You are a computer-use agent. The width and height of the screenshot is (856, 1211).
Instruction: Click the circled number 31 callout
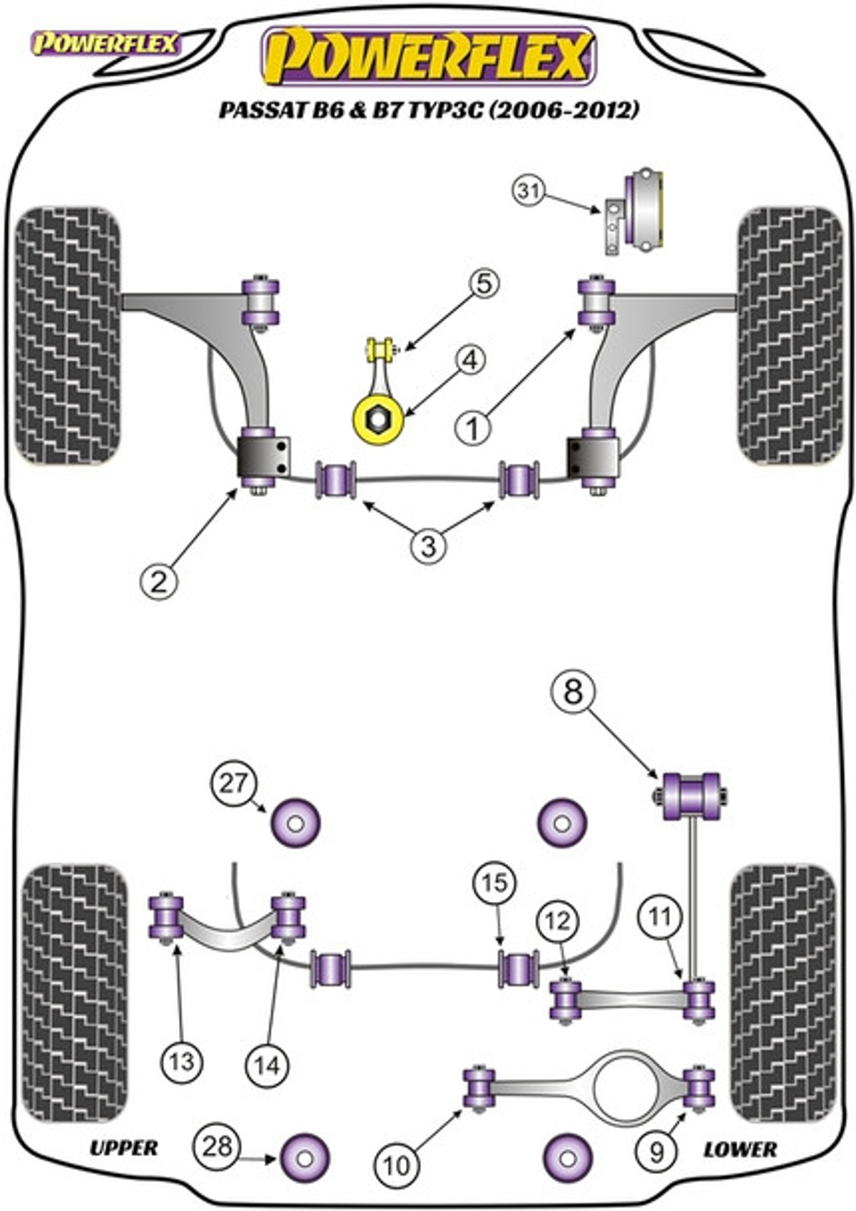[528, 191]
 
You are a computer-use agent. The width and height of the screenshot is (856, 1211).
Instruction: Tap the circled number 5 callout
[484, 284]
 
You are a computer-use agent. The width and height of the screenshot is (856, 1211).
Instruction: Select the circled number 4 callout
[470, 361]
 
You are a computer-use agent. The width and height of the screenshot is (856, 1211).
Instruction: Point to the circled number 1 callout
[473, 429]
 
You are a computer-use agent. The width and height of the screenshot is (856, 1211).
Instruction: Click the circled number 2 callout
[158, 582]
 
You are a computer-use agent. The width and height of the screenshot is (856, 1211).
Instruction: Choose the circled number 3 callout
[428, 547]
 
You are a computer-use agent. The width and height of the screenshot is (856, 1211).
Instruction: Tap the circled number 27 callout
[233, 784]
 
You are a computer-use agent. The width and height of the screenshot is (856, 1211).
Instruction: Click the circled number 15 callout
[495, 883]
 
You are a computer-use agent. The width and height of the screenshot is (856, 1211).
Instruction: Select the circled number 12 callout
[558, 921]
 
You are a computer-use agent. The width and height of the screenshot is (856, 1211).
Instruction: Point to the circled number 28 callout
[218, 1146]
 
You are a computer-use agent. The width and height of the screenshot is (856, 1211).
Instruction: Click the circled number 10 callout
[397, 1165]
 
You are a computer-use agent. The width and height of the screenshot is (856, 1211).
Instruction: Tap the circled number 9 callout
[656, 1150]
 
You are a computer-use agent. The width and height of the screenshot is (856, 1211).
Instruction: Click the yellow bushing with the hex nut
[379, 420]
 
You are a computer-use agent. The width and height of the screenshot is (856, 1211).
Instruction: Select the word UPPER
[123, 1147]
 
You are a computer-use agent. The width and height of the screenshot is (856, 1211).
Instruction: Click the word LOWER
[740, 1149]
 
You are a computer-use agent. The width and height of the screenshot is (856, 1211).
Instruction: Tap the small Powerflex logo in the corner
[104, 44]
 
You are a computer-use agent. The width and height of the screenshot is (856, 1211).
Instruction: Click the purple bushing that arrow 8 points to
[691, 796]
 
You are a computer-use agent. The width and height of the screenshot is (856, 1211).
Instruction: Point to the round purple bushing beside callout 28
[305, 1158]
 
